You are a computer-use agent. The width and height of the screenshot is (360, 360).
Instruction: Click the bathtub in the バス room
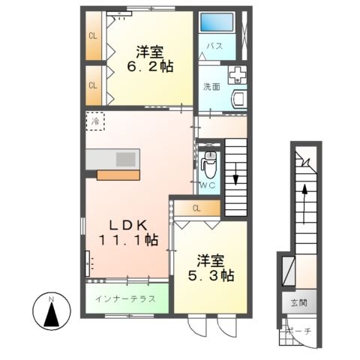(217, 22)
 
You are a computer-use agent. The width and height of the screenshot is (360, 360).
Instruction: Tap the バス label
(214, 46)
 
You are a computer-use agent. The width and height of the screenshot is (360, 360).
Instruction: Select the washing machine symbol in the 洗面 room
(237, 75)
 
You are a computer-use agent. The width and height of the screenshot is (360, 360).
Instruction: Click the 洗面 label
(211, 87)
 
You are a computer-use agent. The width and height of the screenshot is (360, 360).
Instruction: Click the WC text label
(208, 185)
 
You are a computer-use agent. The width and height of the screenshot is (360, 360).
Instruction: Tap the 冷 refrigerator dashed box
(95, 121)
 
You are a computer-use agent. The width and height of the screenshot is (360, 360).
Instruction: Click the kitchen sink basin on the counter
(126, 159)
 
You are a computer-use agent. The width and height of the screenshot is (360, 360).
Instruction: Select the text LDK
(128, 226)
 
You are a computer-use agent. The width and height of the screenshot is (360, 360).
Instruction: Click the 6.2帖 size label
(150, 67)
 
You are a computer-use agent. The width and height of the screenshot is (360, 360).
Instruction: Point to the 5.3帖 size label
(211, 275)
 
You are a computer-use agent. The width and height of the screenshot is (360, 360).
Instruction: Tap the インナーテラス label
(125, 299)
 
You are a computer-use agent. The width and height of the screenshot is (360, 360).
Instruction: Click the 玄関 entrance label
(299, 303)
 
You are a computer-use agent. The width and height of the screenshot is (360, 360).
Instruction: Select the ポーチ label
(299, 331)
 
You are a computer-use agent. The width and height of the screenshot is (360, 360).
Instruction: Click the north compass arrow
(52, 314)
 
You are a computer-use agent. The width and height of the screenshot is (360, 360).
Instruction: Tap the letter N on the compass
(52, 299)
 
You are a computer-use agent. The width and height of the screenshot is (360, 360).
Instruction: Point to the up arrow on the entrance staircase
(304, 203)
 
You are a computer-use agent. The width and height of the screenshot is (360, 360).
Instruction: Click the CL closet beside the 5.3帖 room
(197, 208)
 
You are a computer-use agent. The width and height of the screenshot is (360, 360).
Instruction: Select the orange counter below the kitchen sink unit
(118, 175)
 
